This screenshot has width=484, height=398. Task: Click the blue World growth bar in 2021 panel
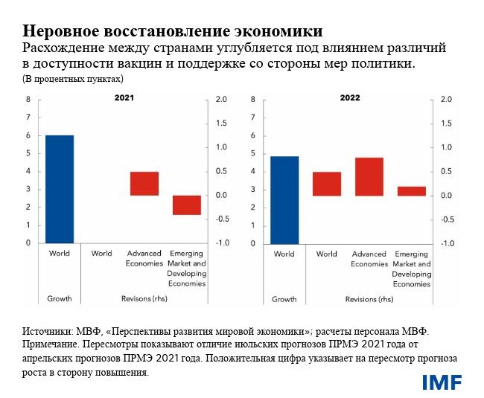[60, 189]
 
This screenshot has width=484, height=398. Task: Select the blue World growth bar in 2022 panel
[284, 199]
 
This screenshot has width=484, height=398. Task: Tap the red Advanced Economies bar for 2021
[144, 183]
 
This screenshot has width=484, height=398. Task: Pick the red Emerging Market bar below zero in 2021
[187, 205]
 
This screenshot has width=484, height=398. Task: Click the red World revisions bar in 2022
[326, 184]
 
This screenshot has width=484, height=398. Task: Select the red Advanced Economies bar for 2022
[369, 176]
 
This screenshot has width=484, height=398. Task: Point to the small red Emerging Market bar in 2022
[411, 190]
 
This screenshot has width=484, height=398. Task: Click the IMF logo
[442, 382]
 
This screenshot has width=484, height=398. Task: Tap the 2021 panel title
[124, 98]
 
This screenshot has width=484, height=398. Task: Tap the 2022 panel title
[350, 98]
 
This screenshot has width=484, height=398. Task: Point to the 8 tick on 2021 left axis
[28, 100]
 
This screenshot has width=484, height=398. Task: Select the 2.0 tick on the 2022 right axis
[446, 100]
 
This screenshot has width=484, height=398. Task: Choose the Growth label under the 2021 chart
[59, 299]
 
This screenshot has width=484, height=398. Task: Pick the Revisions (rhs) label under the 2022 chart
[369, 299]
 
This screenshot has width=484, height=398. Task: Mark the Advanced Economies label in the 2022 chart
[369, 259]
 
